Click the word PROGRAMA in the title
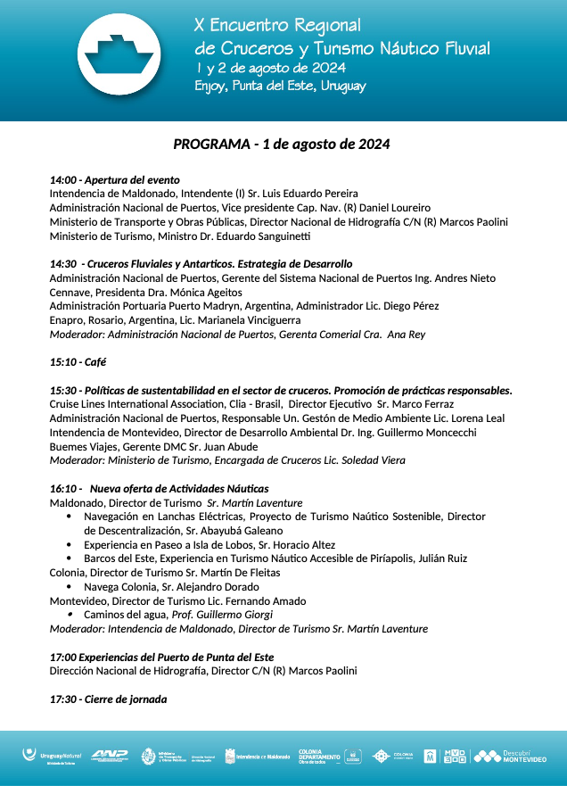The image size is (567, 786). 211,144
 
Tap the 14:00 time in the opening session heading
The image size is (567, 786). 62,179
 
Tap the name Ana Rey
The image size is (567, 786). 406,335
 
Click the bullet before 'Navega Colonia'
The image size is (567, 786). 70,587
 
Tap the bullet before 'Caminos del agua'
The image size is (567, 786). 70,615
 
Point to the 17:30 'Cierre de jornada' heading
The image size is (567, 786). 108,699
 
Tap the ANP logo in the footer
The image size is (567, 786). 110,756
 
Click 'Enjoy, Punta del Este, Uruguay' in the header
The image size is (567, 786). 280,87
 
